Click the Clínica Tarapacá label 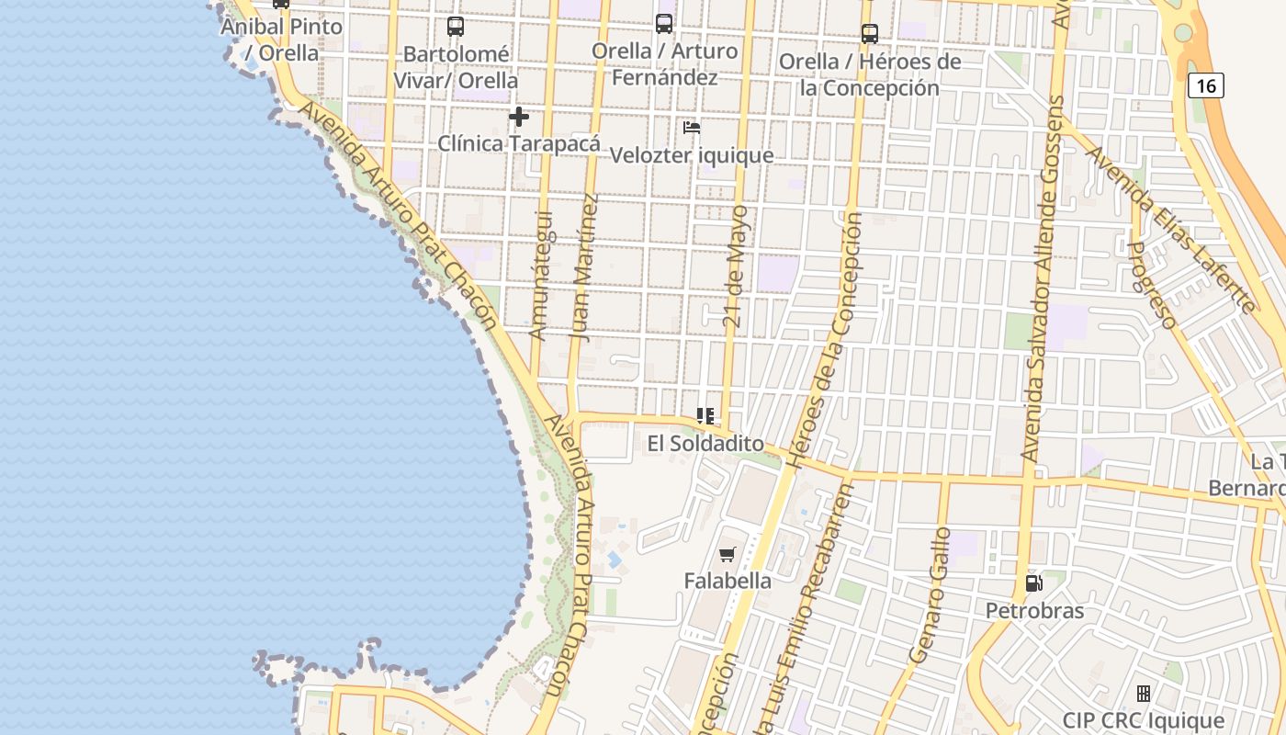point(519,143)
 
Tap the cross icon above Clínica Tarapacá point(519,117)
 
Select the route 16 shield point(1206,86)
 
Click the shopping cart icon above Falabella point(728,554)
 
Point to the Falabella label point(728,581)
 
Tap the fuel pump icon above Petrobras point(1034,583)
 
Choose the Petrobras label point(1034,610)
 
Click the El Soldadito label point(705,444)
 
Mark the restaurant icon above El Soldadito point(705,416)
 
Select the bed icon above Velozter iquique point(692,128)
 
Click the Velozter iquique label point(692,154)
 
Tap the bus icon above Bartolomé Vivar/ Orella point(456,27)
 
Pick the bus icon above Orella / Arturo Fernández point(664,24)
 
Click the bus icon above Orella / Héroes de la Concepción point(870,34)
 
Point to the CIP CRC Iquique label point(1144,720)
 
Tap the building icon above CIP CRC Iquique point(1144,694)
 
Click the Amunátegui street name point(542,275)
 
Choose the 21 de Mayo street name point(737,266)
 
